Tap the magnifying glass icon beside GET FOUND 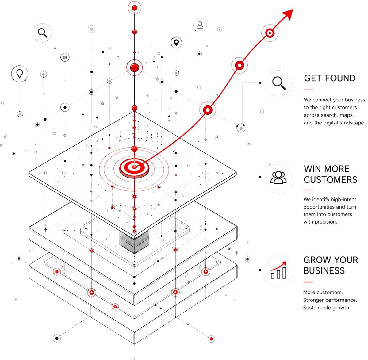tap(279, 83)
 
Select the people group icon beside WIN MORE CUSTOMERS tap(278, 177)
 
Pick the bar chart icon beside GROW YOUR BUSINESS tap(278, 270)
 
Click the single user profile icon tap(200, 25)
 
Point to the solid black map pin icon tap(176, 43)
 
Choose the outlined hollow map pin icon tap(20, 74)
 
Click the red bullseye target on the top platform tap(134, 167)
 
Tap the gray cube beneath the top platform tap(134, 242)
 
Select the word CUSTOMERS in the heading tap(330, 180)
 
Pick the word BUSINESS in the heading tap(324, 270)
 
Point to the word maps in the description tap(347, 115)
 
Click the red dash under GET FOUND tap(309, 90)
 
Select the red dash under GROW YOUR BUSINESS tap(308, 282)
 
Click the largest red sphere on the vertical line tap(134, 67)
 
